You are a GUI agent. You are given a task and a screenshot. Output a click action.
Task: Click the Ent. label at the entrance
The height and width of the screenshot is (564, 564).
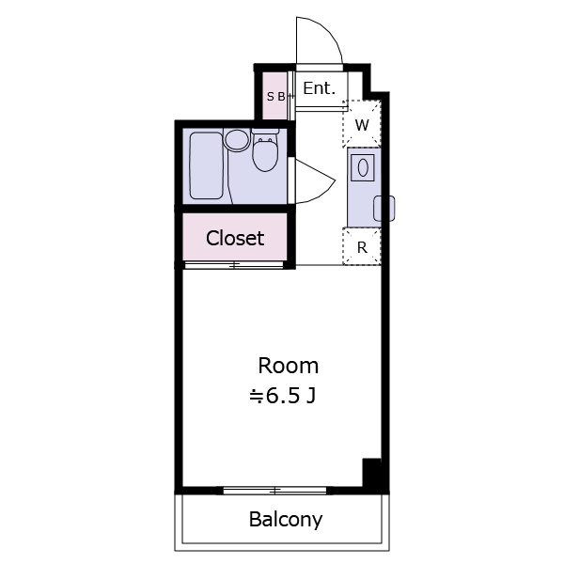click(319, 88)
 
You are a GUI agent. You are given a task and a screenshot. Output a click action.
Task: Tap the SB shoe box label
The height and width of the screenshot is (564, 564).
click(275, 97)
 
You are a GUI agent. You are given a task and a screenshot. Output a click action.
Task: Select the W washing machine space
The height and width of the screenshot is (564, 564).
click(362, 124)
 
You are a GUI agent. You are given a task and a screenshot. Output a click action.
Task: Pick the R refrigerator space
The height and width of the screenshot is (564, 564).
click(362, 247)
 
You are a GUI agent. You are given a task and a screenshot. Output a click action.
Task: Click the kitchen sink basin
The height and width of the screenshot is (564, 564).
click(363, 167)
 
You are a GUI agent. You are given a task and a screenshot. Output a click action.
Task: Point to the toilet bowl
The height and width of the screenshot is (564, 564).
click(265, 155)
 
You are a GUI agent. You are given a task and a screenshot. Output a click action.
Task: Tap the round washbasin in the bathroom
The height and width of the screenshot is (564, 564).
click(237, 139)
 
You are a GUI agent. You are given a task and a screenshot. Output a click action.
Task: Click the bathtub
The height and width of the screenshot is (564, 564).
click(206, 165)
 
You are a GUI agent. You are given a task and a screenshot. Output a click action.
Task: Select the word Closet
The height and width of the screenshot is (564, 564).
click(235, 238)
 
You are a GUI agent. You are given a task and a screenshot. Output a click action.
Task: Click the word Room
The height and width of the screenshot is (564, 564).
click(289, 366)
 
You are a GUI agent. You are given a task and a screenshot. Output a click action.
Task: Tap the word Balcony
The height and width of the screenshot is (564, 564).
click(286, 520)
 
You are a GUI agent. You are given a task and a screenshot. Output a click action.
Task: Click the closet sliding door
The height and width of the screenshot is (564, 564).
click(234, 265)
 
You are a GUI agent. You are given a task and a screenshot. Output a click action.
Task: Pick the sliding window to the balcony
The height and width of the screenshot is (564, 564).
click(275, 491)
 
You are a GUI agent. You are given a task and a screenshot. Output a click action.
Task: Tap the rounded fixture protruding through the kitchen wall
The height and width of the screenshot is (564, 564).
click(384, 209)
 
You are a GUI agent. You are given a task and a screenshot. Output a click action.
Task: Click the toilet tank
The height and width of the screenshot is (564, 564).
click(265, 132)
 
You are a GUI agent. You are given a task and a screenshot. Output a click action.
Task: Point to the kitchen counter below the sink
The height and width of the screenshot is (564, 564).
click(364, 205)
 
